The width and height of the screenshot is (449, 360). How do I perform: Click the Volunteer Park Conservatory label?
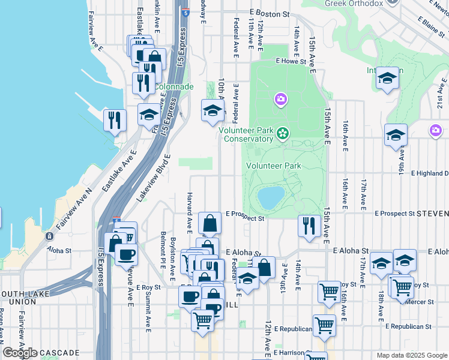[x=246, y=134]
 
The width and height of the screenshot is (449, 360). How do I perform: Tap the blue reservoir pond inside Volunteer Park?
[x=271, y=196]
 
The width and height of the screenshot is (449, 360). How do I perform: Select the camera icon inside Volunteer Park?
[x=280, y=99]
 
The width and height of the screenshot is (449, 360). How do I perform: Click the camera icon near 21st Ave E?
[x=436, y=130]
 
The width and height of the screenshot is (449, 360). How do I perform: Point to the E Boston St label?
[x=269, y=13]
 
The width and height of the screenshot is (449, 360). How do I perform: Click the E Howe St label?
[x=291, y=61]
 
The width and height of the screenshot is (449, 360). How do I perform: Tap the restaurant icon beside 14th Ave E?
[x=309, y=226]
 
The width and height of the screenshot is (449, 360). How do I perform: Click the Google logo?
[x=20, y=352]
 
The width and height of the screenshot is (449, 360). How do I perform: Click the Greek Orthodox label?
[x=354, y=4]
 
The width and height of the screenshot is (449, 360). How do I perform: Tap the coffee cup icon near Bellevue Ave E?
[x=126, y=254]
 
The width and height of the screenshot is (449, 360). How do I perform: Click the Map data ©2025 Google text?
[x=412, y=355]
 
